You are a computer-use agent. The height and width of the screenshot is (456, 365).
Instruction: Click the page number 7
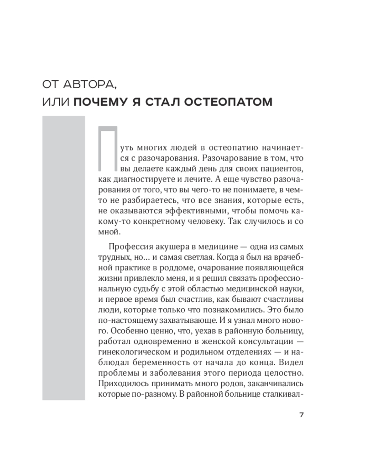click(301, 415)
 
